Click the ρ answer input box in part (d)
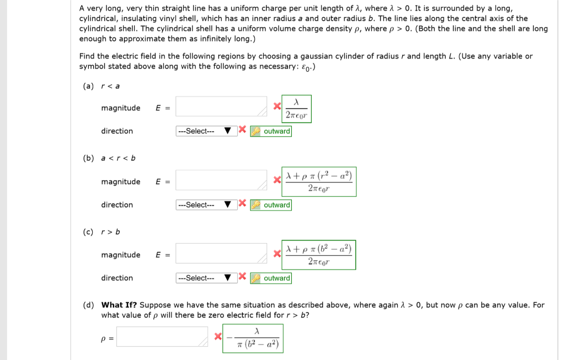pyautogui.click(x=162, y=336)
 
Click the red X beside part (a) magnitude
pyautogui.click(x=277, y=106)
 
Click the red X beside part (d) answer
pyautogui.click(x=218, y=336)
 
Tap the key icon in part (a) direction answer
pyautogui.click(x=255, y=132)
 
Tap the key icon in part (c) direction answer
pyautogui.click(x=255, y=278)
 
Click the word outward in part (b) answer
pyautogui.click(x=277, y=205)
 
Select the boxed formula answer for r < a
pyautogui.click(x=297, y=109)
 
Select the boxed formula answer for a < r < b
pyautogui.click(x=319, y=181)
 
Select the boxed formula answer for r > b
pyautogui.click(x=319, y=255)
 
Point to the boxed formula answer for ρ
pyautogui.click(x=253, y=338)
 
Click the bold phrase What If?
pyautogui.click(x=119, y=305)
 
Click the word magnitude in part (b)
pyautogui.click(x=120, y=182)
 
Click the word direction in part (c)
pyautogui.click(x=117, y=278)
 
